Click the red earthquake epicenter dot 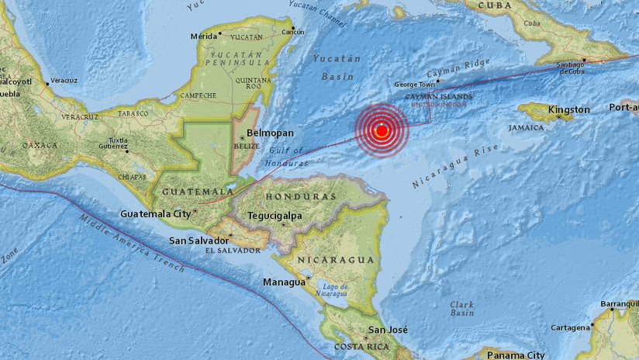[x=382, y=130]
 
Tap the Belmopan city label [x=268, y=133]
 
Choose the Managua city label [x=283, y=282]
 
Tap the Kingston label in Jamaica [x=568, y=110]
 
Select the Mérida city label [x=203, y=36]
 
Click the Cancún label [x=293, y=32]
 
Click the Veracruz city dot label [x=64, y=80]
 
